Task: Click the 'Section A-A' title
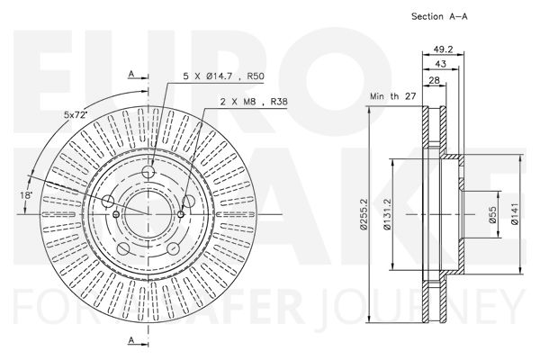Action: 439,16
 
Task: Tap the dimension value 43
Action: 440,64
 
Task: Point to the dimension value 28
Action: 435,80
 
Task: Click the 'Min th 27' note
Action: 393,96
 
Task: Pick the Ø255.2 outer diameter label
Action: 363,214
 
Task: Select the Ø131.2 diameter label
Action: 386,214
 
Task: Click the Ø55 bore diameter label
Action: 493,214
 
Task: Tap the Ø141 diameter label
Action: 515,214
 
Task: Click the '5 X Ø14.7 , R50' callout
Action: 223,76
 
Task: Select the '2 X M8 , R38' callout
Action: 254,102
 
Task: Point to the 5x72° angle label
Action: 76,114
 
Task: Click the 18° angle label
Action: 26,195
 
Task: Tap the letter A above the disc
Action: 131,74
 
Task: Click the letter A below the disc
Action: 131,340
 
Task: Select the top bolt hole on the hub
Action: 148,171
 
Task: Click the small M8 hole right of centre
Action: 181,214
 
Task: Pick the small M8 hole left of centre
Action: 116,214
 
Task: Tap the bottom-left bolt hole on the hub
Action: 123,248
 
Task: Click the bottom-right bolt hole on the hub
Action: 173,248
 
